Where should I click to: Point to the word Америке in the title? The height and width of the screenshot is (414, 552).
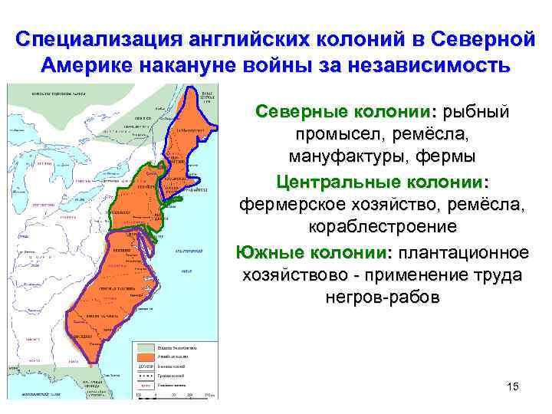coord(85,64)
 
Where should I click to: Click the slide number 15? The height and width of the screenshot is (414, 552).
coord(513,386)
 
